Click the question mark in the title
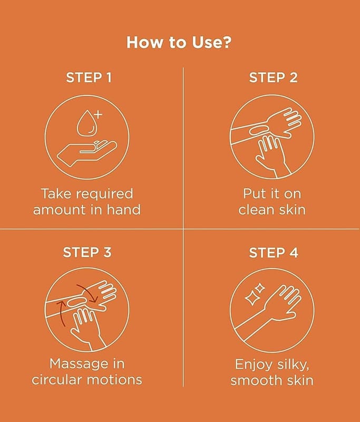[x=226, y=43]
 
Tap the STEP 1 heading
[x=89, y=78]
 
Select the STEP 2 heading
[x=273, y=78]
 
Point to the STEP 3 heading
[x=87, y=253]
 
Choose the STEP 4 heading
[x=274, y=253]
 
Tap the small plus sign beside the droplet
[x=99, y=114]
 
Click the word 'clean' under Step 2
[x=256, y=210]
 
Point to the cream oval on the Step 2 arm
[x=260, y=130]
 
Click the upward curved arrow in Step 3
[x=62, y=313]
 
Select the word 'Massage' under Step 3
[x=76, y=364]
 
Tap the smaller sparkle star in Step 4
[x=260, y=288]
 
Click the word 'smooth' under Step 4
[x=252, y=380]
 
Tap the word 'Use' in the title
[x=206, y=43]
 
